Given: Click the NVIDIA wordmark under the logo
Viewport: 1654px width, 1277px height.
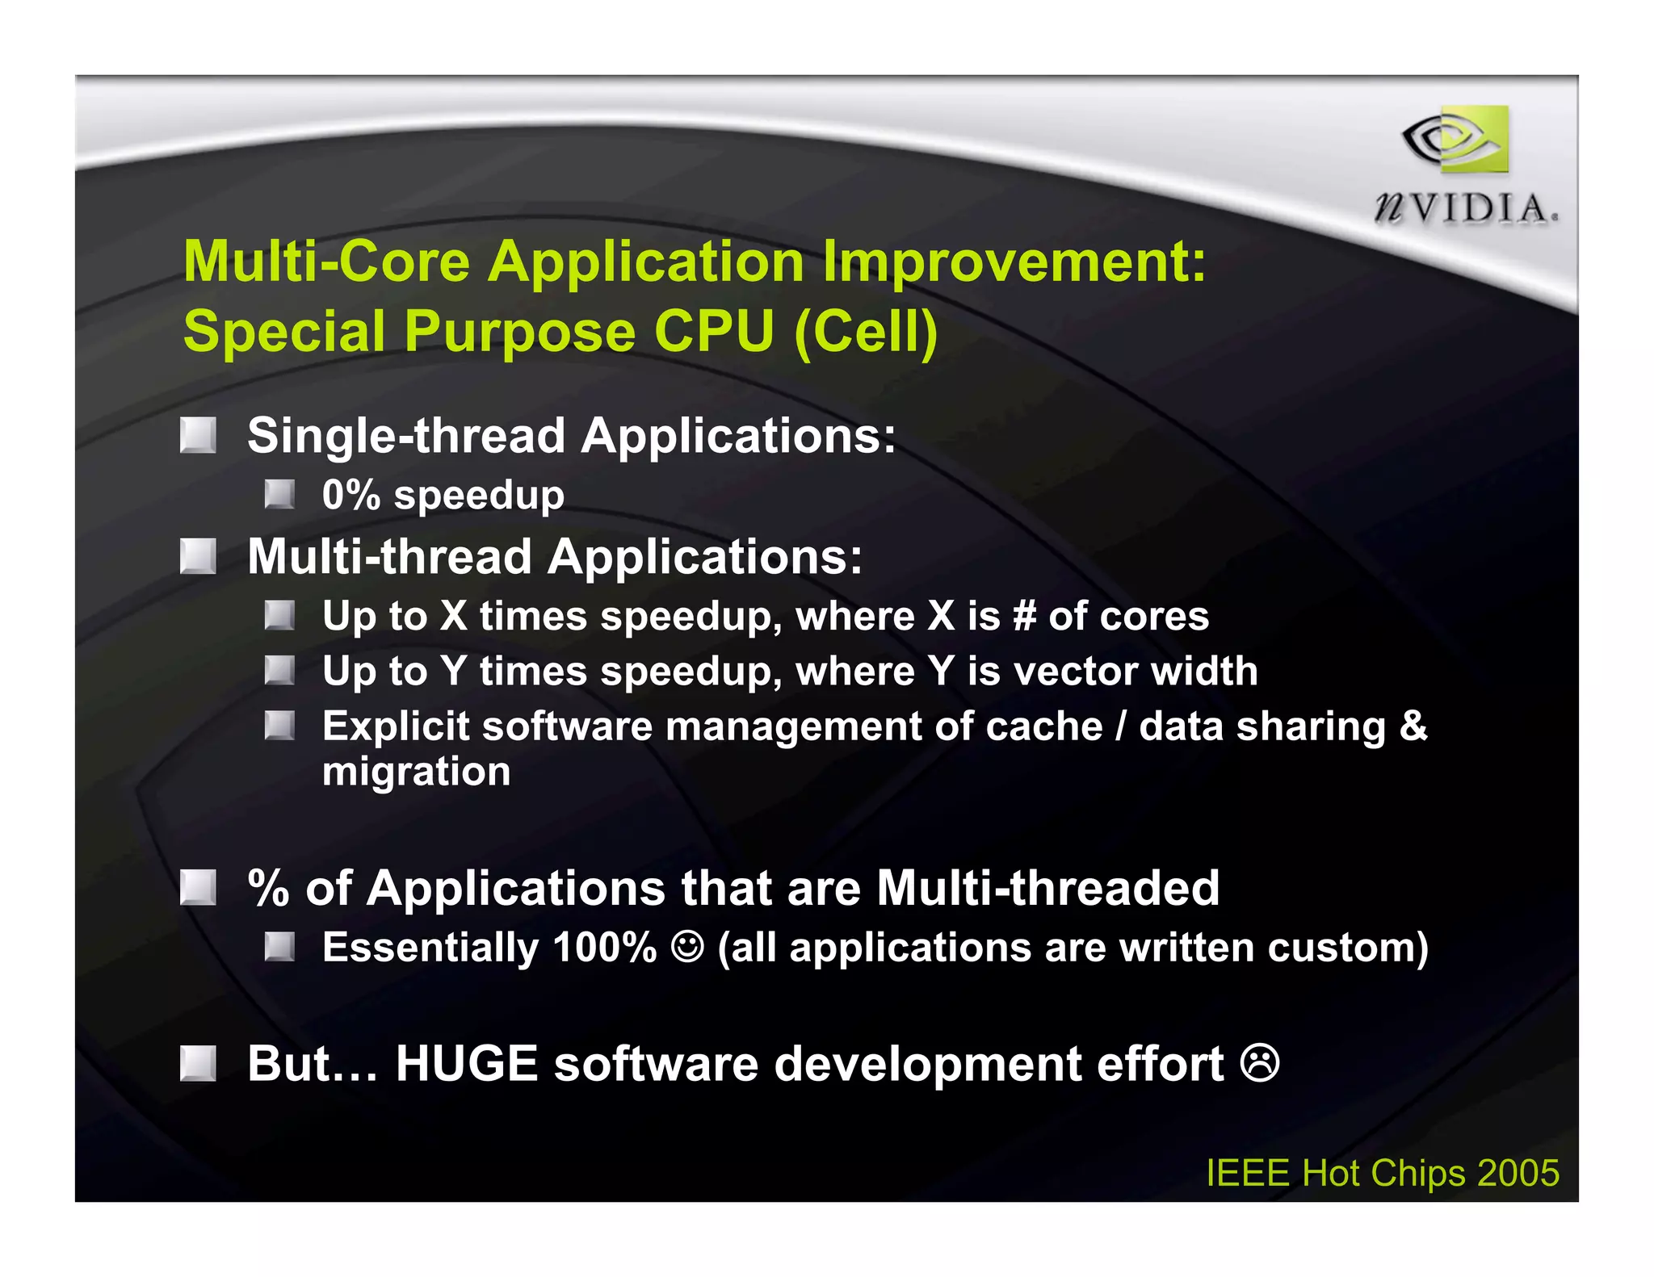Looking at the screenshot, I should tap(1465, 209).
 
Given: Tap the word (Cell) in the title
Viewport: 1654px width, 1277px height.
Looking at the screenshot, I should tap(866, 332).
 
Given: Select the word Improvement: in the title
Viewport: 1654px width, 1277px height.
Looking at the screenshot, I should tap(1014, 262).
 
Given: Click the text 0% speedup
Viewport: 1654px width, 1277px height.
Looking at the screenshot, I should tap(443, 495).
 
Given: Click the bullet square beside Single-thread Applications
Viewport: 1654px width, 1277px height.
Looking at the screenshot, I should tap(198, 436).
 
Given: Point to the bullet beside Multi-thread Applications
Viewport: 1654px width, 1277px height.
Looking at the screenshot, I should tap(198, 557).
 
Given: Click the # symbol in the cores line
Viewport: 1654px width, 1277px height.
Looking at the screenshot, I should tap(1024, 617).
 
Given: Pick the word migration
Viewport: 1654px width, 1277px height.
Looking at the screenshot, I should tap(416, 772).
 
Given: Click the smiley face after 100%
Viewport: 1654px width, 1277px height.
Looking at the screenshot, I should tap(687, 947).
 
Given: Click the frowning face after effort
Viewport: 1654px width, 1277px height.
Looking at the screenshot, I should tap(1260, 1063).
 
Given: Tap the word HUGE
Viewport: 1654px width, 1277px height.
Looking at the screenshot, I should tap(466, 1064).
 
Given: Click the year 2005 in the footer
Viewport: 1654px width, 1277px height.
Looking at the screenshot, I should tap(1518, 1173).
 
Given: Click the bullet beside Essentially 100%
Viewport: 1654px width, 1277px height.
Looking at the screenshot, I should tap(279, 947).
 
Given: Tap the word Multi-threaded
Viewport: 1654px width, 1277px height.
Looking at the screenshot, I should tap(1047, 889).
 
